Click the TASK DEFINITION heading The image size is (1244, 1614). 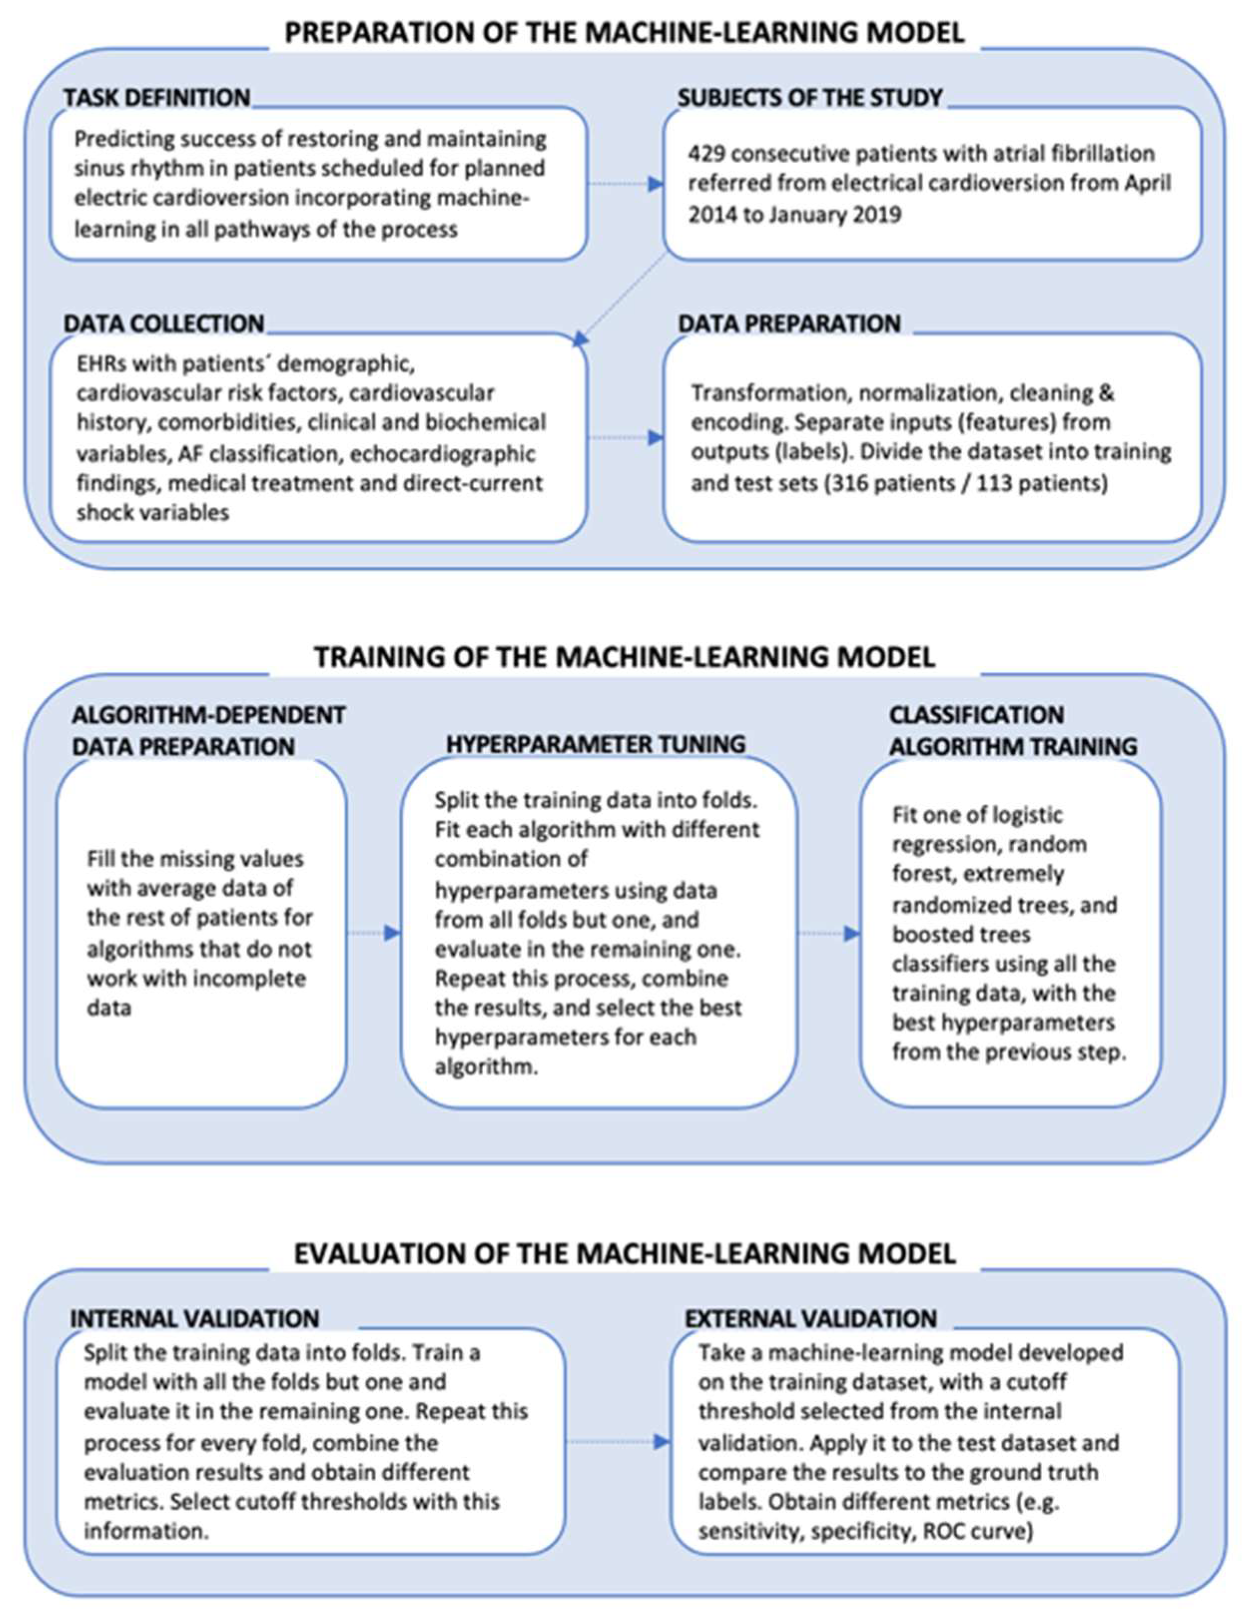point(157,97)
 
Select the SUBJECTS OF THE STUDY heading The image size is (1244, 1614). point(810,97)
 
